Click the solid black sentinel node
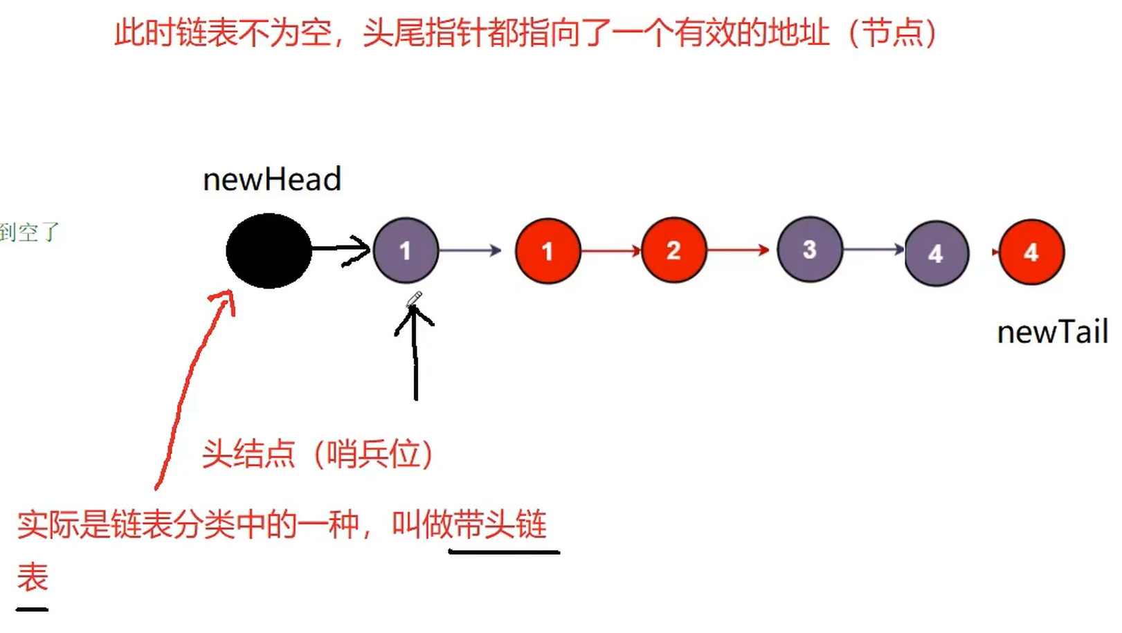pyautogui.click(x=269, y=250)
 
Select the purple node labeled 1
pyautogui.click(x=406, y=250)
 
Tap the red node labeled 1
pyautogui.click(x=548, y=251)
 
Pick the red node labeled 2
pyautogui.click(x=673, y=250)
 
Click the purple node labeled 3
pyautogui.click(x=809, y=249)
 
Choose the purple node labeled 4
pyautogui.click(x=936, y=253)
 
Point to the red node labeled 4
pyautogui.click(x=1031, y=252)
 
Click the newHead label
pyautogui.click(x=272, y=180)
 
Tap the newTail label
pyautogui.click(x=1051, y=333)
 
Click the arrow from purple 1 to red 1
pyautogui.click(x=471, y=250)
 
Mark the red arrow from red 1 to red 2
pyautogui.click(x=611, y=250)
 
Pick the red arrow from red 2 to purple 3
pyautogui.click(x=738, y=250)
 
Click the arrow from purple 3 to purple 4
pyautogui.click(x=874, y=249)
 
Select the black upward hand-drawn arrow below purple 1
pyautogui.click(x=415, y=353)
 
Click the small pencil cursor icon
pyautogui.click(x=414, y=299)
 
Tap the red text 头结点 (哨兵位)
pyautogui.click(x=318, y=455)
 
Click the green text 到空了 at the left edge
pyautogui.click(x=29, y=232)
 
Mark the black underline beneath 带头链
pyautogui.click(x=504, y=552)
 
